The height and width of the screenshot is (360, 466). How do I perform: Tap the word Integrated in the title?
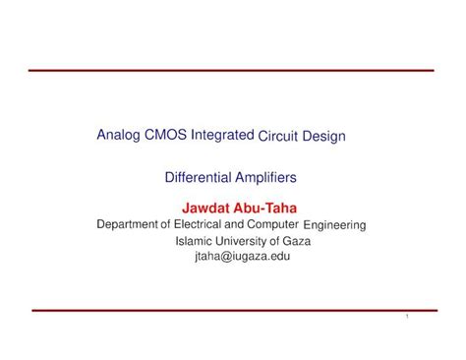point(221,135)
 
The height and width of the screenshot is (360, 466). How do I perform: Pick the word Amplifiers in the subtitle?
point(262,178)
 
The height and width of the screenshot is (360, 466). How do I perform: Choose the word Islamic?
point(194,240)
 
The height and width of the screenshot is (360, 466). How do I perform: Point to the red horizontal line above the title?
point(232,71)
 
